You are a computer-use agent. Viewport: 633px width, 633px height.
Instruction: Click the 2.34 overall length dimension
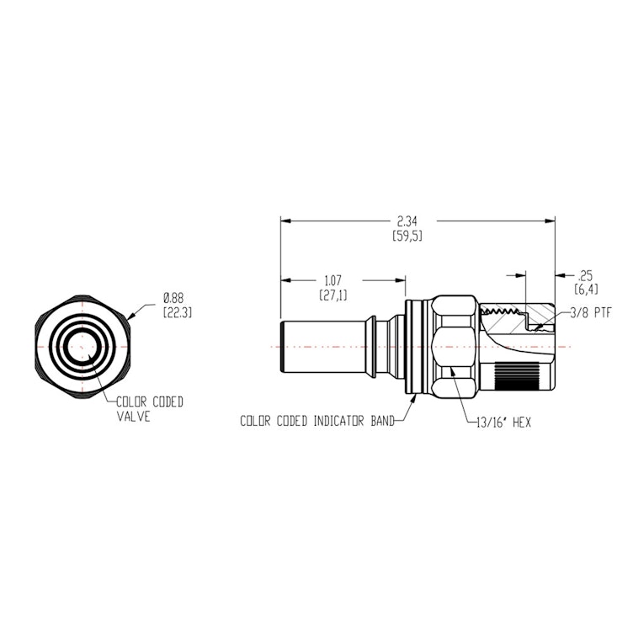pyautogui.click(x=407, y=221)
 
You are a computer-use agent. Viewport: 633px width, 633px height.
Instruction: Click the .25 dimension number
pyautogui.click(x=585, y=275)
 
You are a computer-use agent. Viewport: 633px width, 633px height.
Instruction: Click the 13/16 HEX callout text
pyautogui.click(x=503, y=422)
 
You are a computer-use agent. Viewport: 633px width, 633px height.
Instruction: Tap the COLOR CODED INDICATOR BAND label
pyautogui.click(x=317, y=421)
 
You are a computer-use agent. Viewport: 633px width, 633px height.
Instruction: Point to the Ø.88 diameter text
pyautogui.click(x=174, y=298)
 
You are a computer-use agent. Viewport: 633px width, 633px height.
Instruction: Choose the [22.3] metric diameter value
pyautogui.click(x=178, y=312)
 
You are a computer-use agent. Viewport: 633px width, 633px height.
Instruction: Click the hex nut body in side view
pyautogui.click(x=454, y=345)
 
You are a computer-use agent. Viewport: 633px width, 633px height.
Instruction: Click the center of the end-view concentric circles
pyautogui.click(x=83, y=346)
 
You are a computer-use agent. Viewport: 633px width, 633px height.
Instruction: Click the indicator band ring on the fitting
pyautogui.click(x=411, y=345)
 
